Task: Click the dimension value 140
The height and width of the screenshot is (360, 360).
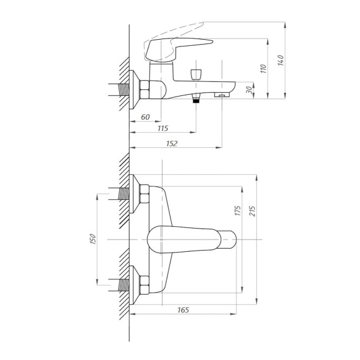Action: [281, 61]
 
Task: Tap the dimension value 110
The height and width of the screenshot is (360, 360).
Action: [263, 68]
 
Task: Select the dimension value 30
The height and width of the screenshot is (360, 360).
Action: [249, 90]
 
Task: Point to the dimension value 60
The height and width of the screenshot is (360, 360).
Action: [145, 117]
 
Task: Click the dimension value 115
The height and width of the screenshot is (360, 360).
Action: [163, 128]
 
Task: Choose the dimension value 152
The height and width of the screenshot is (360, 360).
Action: [172, 144]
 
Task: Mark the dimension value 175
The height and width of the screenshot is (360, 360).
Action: [238, 210]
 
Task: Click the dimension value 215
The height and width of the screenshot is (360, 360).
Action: [252, 211]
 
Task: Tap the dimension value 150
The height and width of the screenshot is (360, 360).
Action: [92, 239]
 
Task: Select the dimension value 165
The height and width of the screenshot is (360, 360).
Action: [183, 310]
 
